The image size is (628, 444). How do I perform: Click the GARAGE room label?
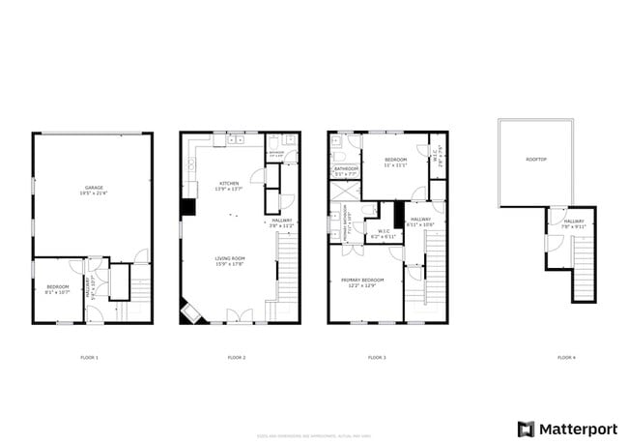tap(94, 188)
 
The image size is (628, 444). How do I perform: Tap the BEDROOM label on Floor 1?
tap(57, 286)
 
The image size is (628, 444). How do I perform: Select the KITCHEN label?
tap(229, 183)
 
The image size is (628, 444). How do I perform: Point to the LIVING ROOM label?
tap(229, 258)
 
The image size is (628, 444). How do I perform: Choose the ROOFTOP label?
tap(535, 159)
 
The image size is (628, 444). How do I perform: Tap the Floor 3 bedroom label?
tap(396, 160)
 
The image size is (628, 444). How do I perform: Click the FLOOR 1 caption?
tap(89, 358)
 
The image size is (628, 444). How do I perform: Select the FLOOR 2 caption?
tap(236, 358)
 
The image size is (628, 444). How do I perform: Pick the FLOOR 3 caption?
tap(377, 358)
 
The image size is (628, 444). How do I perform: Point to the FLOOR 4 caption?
tap(566, 358)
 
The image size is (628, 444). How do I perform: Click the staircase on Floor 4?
tap(582, 261)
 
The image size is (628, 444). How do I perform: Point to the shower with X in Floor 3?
tap(345, 190)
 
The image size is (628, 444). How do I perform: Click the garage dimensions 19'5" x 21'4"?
tap(94, 194)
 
